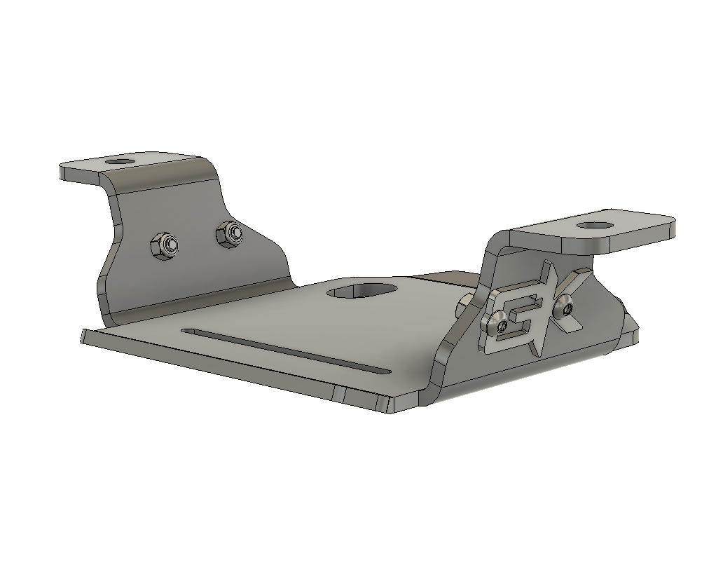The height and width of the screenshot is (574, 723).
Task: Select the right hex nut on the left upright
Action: click(230, 232)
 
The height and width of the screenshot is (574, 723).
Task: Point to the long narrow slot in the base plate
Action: click(284, 350)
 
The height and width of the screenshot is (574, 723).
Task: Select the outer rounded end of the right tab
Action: click(669, 228)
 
